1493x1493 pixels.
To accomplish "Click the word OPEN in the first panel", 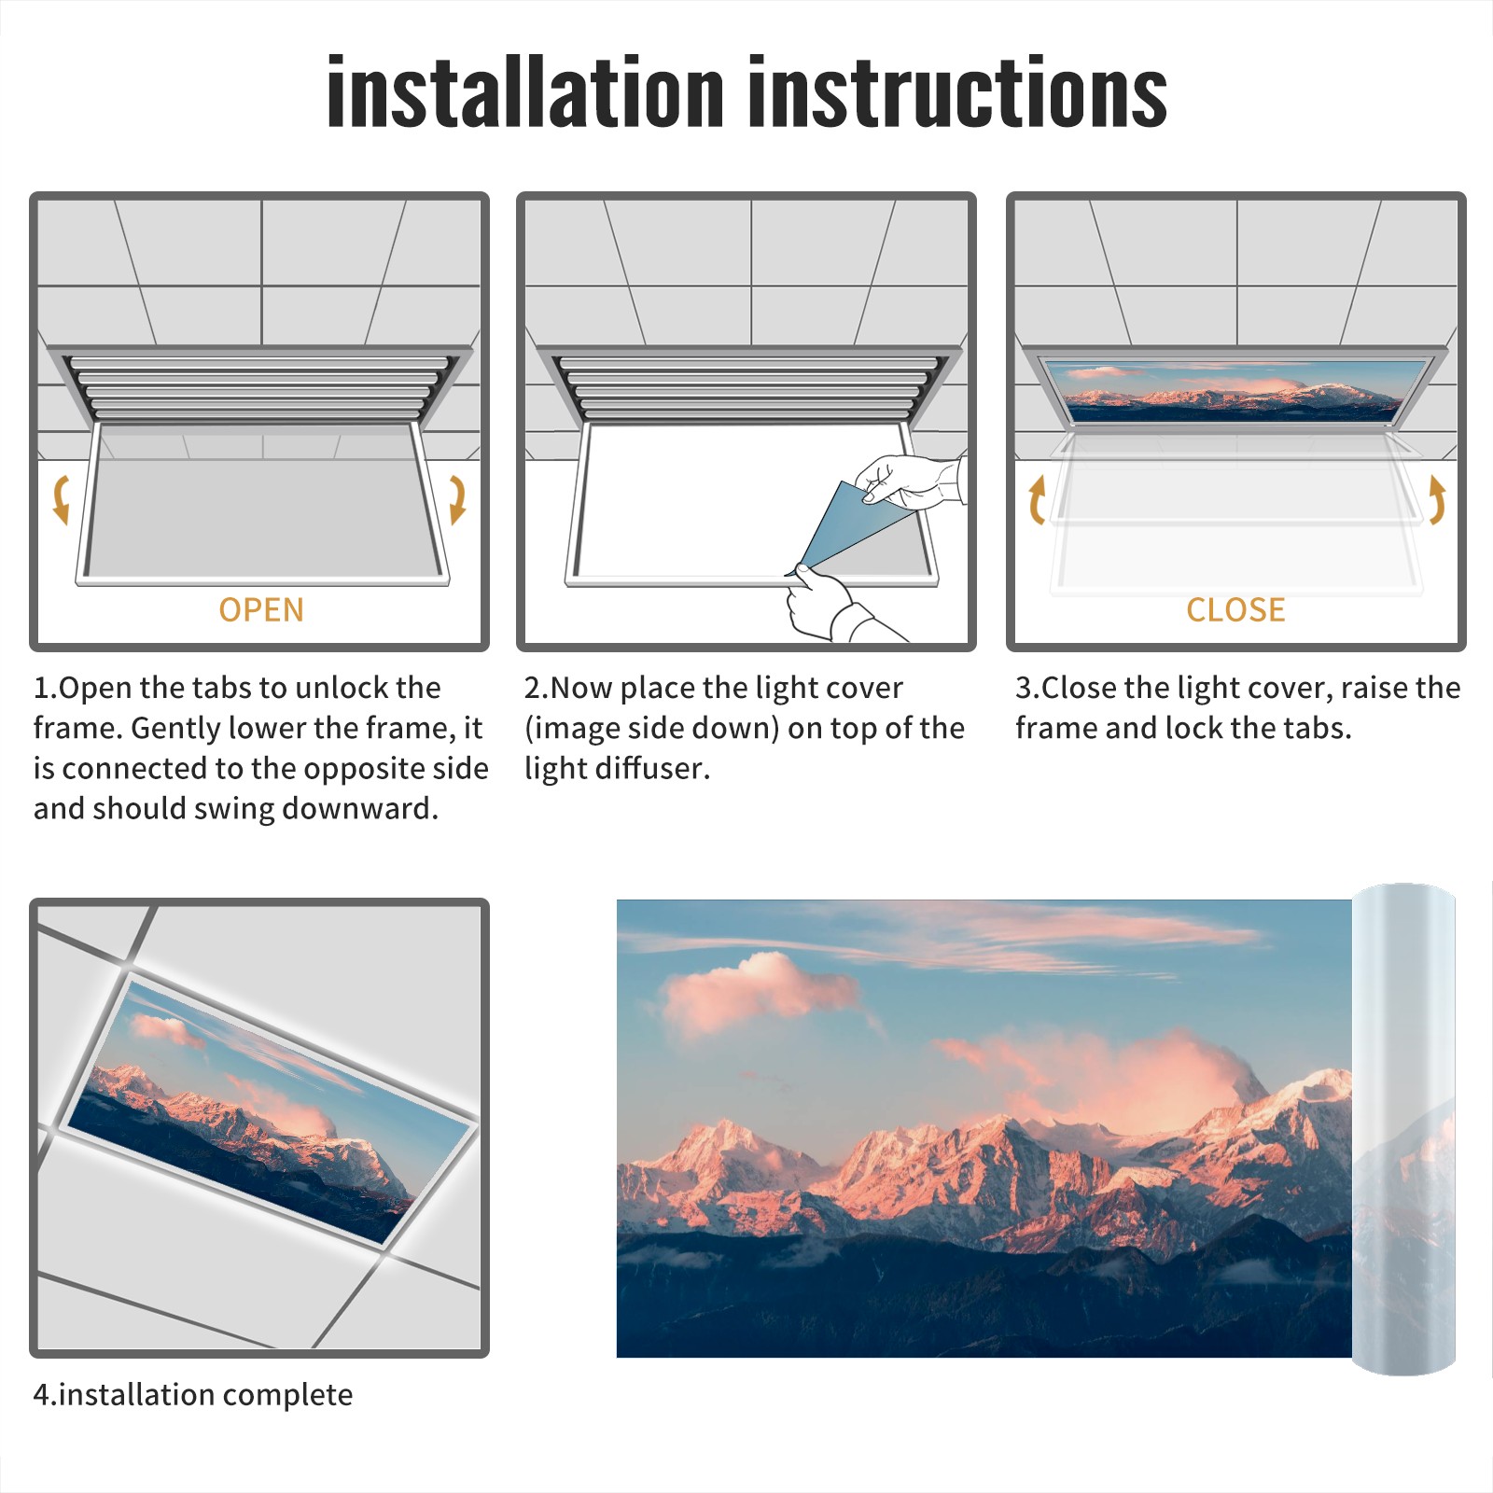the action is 261,609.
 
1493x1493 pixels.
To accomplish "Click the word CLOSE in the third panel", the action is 1235,609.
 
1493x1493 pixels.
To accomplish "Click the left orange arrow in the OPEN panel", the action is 61,499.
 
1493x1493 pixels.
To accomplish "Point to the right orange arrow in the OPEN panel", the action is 457,499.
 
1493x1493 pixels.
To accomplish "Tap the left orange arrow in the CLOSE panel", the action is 1037,500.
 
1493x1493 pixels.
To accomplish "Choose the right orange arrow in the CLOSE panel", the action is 1437,499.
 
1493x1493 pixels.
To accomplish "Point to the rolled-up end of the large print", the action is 1403,1129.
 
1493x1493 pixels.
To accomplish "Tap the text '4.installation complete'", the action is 193,1394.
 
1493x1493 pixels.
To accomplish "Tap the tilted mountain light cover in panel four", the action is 271,1110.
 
